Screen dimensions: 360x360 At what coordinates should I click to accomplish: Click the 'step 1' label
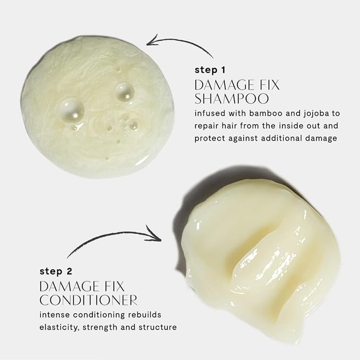point(210,70)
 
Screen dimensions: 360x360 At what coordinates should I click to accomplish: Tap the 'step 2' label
point(56,271)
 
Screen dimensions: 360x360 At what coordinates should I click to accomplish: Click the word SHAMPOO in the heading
point(231,99)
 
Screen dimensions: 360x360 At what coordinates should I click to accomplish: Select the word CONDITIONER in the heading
point(89,300)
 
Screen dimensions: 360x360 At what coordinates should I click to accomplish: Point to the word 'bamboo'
point(266,113)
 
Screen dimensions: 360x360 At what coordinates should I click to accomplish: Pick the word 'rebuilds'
point(145,314)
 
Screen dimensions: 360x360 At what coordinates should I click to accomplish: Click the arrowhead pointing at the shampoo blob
point(152,41)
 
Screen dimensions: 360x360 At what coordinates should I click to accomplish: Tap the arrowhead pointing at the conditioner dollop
point(155,235)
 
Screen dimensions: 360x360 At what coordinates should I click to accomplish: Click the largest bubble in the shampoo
point(71,110)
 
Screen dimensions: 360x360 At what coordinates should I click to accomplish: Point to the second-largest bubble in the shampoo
point(125,92)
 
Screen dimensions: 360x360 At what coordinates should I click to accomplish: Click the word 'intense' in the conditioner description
point(55,315)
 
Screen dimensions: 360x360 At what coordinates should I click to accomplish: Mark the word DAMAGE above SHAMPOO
point(225,85)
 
